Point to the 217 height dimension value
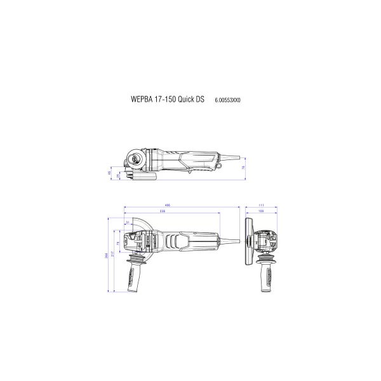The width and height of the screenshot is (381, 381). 112,254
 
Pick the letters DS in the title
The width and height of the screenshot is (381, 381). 200,100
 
